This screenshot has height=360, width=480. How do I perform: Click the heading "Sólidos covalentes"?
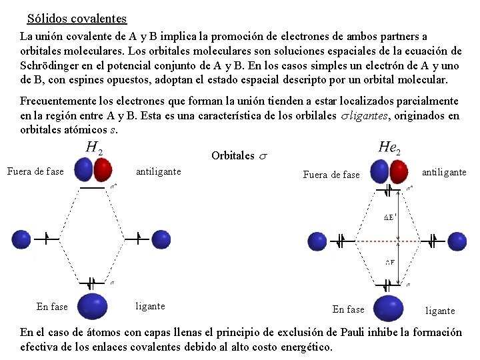[77, 19]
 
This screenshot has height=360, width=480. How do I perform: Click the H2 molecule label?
[93, 147]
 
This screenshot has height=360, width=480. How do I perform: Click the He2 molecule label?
[389, 147]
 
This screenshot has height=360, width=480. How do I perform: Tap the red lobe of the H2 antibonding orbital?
[103, 170]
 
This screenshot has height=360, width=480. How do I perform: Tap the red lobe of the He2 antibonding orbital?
[398, 172]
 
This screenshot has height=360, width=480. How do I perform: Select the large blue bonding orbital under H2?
[93, 305]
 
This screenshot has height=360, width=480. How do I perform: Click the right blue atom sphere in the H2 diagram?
[161, 239]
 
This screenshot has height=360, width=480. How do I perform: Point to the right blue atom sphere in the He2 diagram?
[456, 241]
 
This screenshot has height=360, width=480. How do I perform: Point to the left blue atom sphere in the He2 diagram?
[315, 241]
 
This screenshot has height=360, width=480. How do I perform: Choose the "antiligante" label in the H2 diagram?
[158, 171]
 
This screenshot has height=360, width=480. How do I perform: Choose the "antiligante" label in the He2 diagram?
[444, 172]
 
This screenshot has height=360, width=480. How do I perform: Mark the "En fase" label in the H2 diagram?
[52, 307]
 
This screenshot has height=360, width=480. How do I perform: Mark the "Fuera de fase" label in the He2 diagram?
[331, 175]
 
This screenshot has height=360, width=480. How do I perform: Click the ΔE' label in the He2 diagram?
[391, 217]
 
